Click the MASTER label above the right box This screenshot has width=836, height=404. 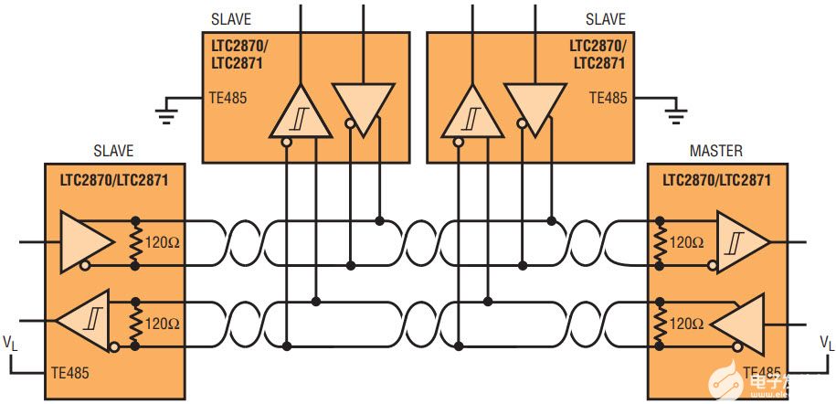[x=716, y=150]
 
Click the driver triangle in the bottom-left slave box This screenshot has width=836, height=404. [x=87, y=240]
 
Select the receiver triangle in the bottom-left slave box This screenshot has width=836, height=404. [x=84, y=322]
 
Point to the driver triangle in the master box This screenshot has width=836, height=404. [x=741, y=323]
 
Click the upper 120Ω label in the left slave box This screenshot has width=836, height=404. [x=163, y=244]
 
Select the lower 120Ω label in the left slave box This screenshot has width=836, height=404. [x=163, y=324]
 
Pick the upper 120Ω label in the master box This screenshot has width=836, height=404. [x=685, y=244]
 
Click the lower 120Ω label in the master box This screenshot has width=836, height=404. [x=685, y=324]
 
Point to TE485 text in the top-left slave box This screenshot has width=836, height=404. [x=227, y=97]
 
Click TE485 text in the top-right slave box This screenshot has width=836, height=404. [x=608, y=97]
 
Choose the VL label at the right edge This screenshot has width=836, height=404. [x=826, y=343]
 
